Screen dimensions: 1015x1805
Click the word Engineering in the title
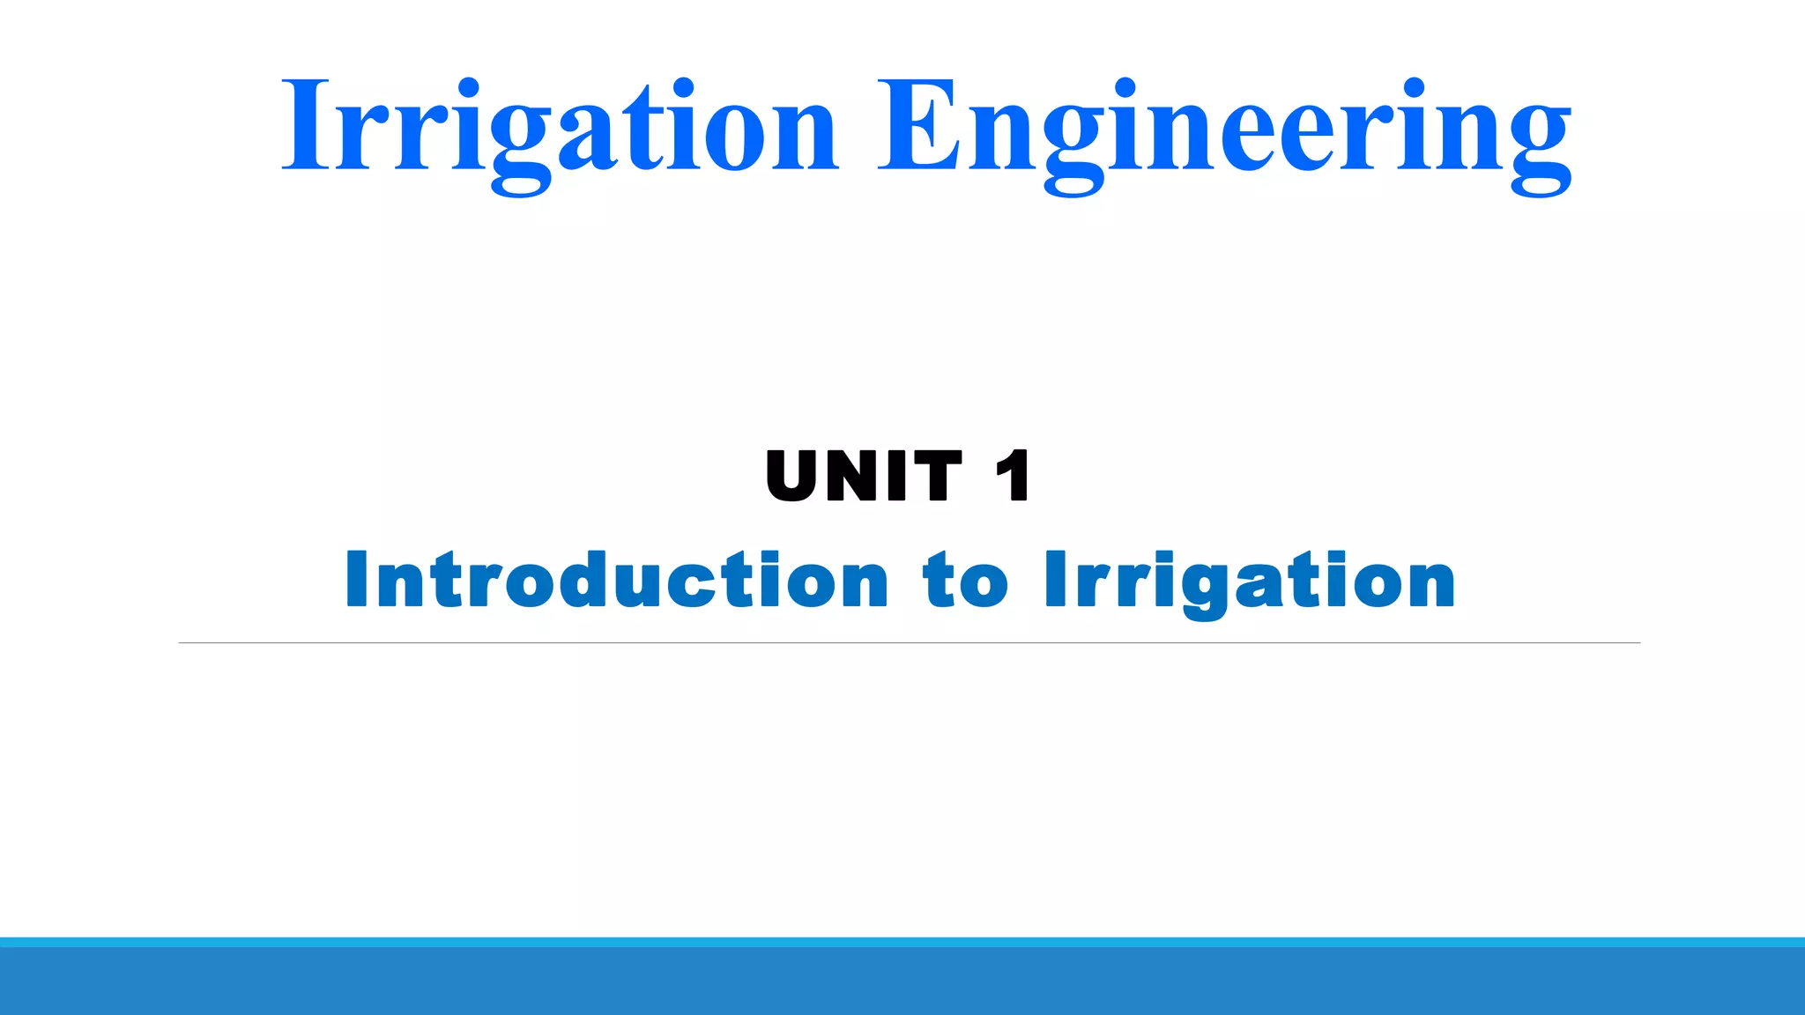click(x=1225, y=128)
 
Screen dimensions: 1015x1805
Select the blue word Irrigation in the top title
click(x=559, y=128)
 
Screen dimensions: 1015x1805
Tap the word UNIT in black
click(x=864, y=476)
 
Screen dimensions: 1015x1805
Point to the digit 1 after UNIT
click(x=1013, y=476)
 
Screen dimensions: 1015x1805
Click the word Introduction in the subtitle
click(x=617, y=580)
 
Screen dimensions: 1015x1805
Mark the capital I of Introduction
click(x=356, y=580)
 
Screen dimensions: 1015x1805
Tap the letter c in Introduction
click(x=695, y=583)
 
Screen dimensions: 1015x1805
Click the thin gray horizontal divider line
click(x=909, y=643)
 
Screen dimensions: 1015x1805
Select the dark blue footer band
click(x=902, y=982)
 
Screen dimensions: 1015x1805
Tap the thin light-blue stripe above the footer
click(x=902, y=942)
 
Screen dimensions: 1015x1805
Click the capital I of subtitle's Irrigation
click(x=1055, y=580)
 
